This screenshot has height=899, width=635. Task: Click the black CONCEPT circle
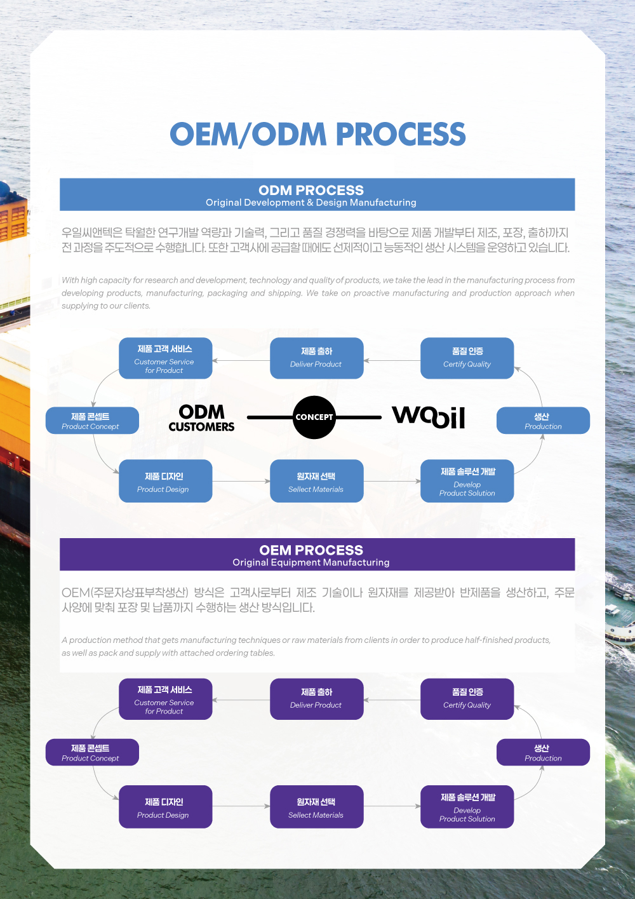click(314, 417)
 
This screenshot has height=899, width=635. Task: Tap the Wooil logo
click(429, 417)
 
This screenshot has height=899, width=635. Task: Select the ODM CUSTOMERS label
click(201, 418)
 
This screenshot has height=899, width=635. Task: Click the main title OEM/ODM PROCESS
click(317, 134)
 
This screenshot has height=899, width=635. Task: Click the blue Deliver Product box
click(316, 358)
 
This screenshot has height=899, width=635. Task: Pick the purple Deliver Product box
click(316, 699)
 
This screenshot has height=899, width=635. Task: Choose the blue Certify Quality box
click(467, 358)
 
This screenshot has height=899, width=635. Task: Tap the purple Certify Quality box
click(467, 699)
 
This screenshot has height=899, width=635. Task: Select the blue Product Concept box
click(92, 421)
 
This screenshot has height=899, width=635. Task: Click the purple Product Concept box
click(92, 752)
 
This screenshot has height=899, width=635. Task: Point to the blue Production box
click(543, 421)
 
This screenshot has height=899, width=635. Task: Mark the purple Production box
click(543, 752)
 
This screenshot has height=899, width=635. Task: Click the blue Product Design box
click(165, 481)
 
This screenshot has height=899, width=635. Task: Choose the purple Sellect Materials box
click(316, 807)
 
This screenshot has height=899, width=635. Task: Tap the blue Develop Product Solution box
click(467, 481)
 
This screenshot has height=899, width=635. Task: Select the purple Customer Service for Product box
click(165, 699)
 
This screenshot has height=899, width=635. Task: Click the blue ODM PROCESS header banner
click(317, 194)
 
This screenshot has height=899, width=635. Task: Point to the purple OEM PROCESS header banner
click(317, 554)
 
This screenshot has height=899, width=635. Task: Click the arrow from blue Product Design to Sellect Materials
click(241, 481)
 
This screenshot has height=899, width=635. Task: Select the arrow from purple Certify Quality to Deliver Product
click(392, 700)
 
